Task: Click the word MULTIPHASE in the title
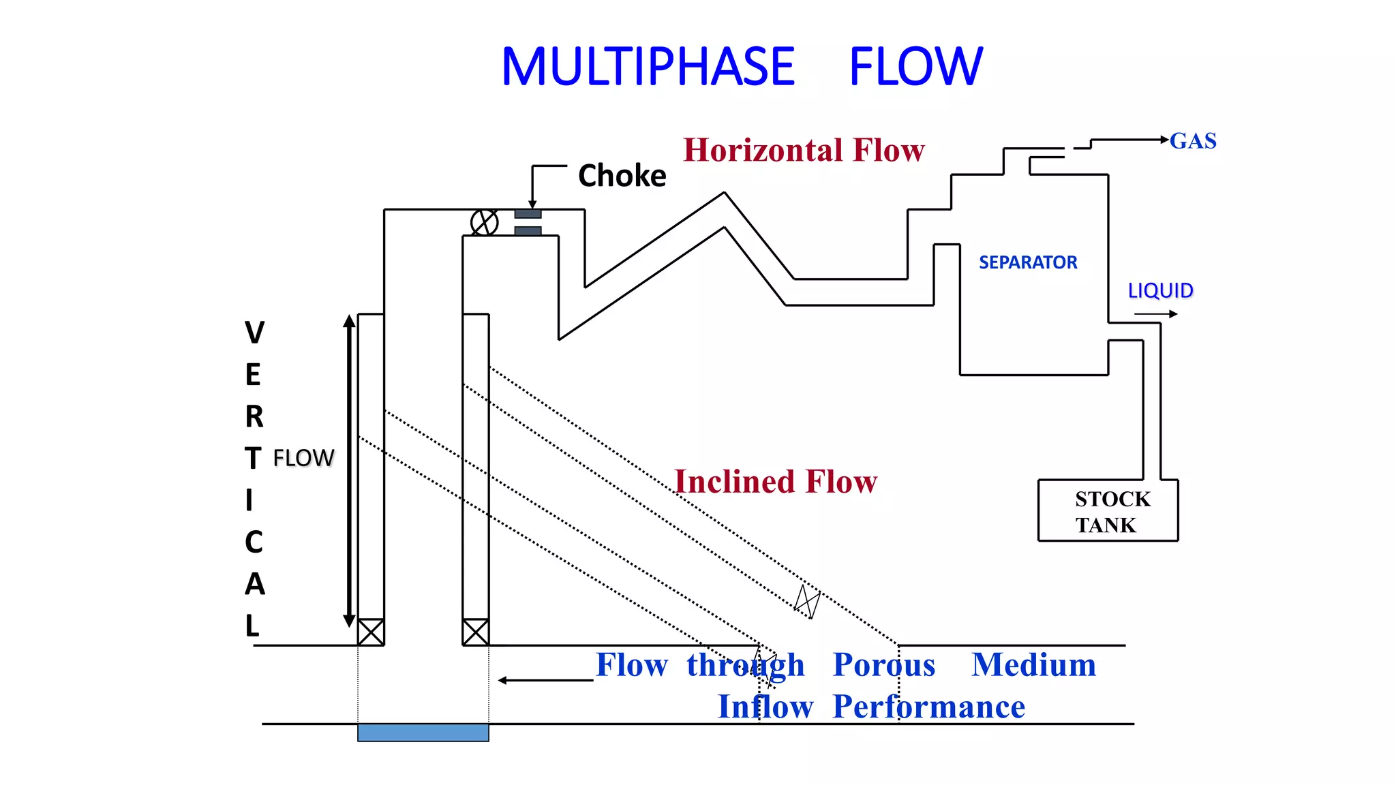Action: (x=648, y=67)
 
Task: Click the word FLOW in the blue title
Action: (x=915, y=67)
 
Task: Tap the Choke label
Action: (x=622, y=176)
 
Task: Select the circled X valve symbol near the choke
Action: (x=484, y=222)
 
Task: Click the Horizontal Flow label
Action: (x=804, y=151)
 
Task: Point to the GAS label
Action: (x=1193, y=141)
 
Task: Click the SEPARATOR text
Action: (x=1028, y=262)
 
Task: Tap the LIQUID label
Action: (x=1160, y=291)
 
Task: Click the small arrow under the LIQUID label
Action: (x=1156, y=314)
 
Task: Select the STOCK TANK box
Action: (x=1108, y=511)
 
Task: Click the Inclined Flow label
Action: (x=776, y=482)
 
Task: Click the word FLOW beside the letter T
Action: (x=303, y=458)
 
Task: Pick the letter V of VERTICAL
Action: (x=254, y=333)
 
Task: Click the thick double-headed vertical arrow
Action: (x=349, y=470)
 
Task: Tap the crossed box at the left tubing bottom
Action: (x=371, y=632)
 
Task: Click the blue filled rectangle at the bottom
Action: (x=423, y=733)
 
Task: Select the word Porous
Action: (x=884, y=665)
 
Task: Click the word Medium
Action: (x=1033, y=665)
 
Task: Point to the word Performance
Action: (x=928, y=707)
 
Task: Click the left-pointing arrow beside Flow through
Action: (x=545, y=680)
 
